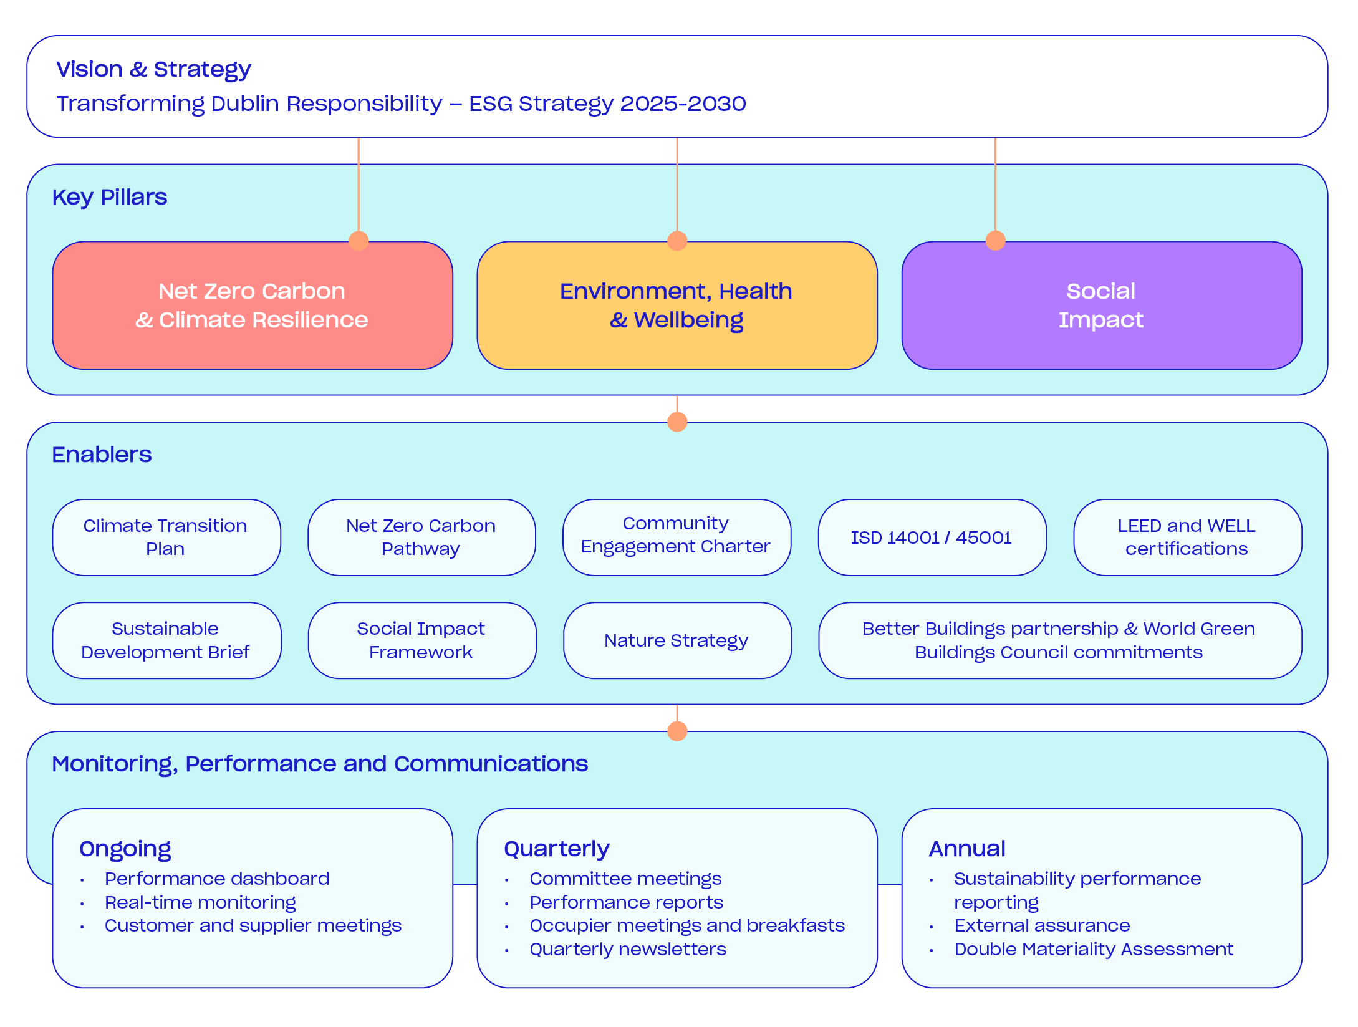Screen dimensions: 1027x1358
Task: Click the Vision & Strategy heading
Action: click(153, 69)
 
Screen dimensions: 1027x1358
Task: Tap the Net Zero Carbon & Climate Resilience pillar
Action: click(253, 306)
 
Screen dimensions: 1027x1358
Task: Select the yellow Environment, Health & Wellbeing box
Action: click(677, 306)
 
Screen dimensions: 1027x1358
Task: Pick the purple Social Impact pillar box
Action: click(1101, 306)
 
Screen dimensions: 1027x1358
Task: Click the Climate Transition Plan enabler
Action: click(166, 538)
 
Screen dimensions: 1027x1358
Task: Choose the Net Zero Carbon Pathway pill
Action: click(421, 538)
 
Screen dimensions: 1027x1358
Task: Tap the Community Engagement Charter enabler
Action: click(677, 536)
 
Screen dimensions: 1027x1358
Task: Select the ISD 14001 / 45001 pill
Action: click(932, 538)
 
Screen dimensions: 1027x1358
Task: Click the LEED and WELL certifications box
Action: click(1187, 538)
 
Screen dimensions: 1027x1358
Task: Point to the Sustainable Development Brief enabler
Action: click(166, 640)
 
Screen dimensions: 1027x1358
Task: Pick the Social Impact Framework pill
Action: click(421, 640)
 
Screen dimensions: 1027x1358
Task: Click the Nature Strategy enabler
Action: click(677, 640)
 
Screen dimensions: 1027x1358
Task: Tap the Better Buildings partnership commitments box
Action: click(1059, 640)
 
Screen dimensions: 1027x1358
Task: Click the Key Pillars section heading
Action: click(110, 198)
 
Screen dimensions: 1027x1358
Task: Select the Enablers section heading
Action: click(102, 455)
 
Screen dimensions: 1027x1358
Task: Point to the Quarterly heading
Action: click(557, 849)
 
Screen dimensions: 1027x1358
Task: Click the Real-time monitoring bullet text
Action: click(200, 902)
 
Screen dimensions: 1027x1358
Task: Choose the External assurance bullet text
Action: click(1042, 925)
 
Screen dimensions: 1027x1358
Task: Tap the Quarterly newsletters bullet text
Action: click(628, 949)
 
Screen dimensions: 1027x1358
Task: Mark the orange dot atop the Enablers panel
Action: click(677, 422)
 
